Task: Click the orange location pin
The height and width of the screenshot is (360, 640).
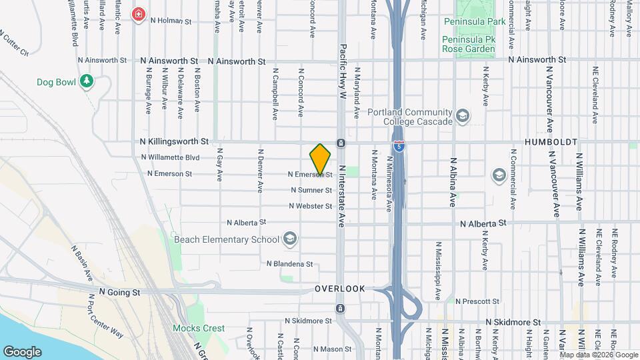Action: coord(320,159)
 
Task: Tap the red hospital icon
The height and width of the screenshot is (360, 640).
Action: coord(139,14)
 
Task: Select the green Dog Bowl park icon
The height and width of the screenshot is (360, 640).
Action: coord(85,81)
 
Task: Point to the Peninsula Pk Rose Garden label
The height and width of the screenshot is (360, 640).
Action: coord(468,44)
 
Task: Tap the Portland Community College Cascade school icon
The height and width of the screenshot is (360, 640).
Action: coord(461,117)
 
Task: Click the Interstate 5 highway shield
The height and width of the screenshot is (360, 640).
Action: coord(399,145)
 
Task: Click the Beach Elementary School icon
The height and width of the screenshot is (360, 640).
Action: coord(290,239)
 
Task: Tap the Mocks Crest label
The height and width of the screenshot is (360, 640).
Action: coord(199,328)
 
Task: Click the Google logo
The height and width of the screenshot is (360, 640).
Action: coord(22,351)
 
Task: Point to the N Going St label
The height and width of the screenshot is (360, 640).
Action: coord(120,291)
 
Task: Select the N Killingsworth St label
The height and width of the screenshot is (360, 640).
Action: coord(175,141)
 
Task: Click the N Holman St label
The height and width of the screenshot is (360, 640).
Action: coord(171,21)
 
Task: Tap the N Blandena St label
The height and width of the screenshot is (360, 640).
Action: coord(289,263)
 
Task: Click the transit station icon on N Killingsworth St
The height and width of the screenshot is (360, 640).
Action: coord(340,143)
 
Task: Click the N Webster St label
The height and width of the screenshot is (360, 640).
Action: coord(310,206)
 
